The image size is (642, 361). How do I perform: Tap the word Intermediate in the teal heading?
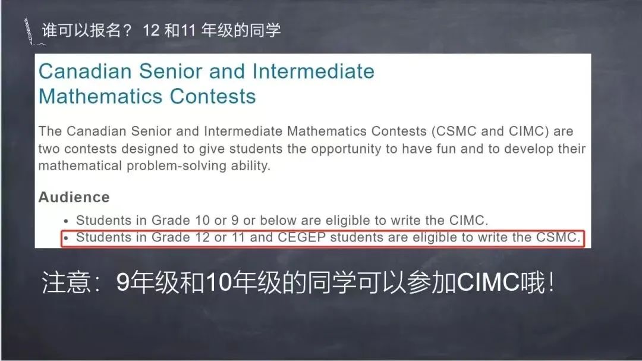point(313,71)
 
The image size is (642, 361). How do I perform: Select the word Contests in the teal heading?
point(213,97)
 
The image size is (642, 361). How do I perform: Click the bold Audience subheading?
point(74,197)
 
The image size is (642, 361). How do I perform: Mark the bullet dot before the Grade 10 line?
point(66,221)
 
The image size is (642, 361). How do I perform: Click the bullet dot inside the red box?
point(66,238)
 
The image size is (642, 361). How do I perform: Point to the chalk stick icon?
point(29,31)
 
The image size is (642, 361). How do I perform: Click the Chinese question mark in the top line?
point(127,30)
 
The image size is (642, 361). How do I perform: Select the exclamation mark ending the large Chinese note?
point(552,282)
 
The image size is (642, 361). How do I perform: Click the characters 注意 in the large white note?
point(66,282)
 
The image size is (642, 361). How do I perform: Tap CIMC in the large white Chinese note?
point(488,282)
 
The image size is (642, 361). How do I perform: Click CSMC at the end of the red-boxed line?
point(558,237)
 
